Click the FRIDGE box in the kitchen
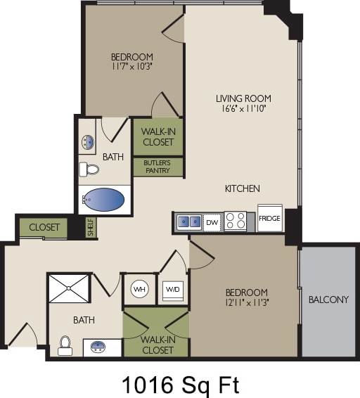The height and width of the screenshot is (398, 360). pyautogui.click(x=269, y=218)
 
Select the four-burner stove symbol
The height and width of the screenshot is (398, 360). pyautogui.click(x=236, y=222)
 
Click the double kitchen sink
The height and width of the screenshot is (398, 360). pyautogui.click(x=188, y=222)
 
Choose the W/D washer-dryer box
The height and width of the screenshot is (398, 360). pyautogui.click(x=173, y=289)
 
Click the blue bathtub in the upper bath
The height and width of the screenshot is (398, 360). pyautogui.click(x=105, y=200)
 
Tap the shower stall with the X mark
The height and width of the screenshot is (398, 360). pyautogui.click(x=69, y=289)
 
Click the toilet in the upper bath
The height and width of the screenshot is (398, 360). pyautogui.click(x=89, y=169)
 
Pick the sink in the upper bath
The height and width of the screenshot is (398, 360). pyautogui.click(x=88, y=143)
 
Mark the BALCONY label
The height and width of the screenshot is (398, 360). pyautogui.click(x=328, y=300)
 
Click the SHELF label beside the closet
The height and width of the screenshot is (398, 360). pyautogui.click(x=90, y=228)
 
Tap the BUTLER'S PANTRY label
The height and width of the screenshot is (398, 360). pyautogui.click(x=157, y=167)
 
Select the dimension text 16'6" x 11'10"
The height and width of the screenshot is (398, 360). pyautogui.click(x=243, y=109)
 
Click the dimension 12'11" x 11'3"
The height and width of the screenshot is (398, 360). pyautogui.click(x=246, y=303)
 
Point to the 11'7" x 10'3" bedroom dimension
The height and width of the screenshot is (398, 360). pyautogui.click(x=131, y=67)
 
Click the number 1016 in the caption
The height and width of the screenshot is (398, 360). pyautogui.click(x=146, y=385)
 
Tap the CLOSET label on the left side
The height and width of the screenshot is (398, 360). pyautogui.click(x=44, y=228)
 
